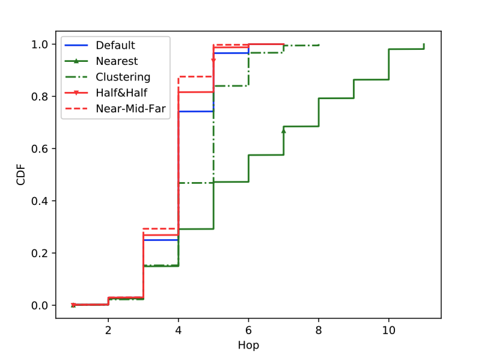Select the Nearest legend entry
coord(117,61)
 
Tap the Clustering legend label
coord(123,77)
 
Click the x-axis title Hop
coord(248,346)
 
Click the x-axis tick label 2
coord(108,330)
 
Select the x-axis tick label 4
coord(179,330)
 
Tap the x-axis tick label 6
coord(248,330)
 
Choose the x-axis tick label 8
coord(319,330)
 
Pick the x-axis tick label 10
coord(388,330)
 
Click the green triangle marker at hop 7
coord(284,130)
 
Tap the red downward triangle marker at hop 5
coord(213,59)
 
